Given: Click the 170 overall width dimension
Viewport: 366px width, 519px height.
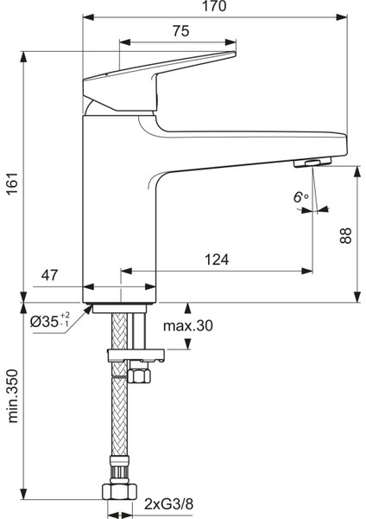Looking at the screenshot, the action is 214,6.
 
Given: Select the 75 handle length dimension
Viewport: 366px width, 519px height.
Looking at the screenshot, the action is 181,31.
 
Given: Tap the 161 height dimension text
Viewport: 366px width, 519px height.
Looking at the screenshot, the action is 13,183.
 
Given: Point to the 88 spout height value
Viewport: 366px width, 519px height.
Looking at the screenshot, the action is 346,235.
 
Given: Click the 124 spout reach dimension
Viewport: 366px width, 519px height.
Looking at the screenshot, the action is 217,259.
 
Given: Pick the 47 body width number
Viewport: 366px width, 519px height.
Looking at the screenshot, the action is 49,275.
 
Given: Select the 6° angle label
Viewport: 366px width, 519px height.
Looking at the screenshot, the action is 300,197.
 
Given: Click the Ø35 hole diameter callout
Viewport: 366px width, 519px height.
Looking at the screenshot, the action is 50,320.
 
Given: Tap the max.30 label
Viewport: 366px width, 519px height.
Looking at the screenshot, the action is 188,326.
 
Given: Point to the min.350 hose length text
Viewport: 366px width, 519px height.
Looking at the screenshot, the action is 13,396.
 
